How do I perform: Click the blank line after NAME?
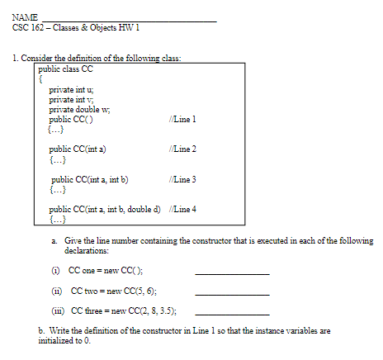click(128, 19)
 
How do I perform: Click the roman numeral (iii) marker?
click(57, 311)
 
